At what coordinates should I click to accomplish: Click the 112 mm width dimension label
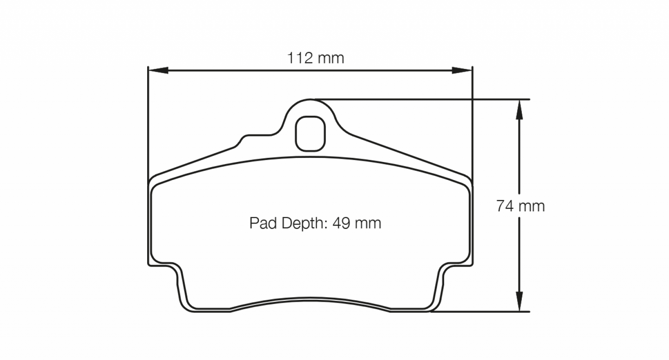click(x=316, y=58)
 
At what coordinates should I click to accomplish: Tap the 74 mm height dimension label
click(x=520, y=206)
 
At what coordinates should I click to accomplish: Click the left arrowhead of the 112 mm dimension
click(x=157, y=70)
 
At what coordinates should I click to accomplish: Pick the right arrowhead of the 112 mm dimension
click(x=462, y=70)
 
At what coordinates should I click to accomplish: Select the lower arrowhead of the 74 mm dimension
click(x=519, y=301)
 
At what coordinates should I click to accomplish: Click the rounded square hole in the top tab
click(x=311, y=133)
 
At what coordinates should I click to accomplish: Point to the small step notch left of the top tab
click(x=243, y=139)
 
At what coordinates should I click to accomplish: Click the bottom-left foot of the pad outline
click(x=185, y=296)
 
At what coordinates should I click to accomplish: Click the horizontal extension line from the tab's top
click(x=417, y=99)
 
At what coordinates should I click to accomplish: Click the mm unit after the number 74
click(x=532, y=206)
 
